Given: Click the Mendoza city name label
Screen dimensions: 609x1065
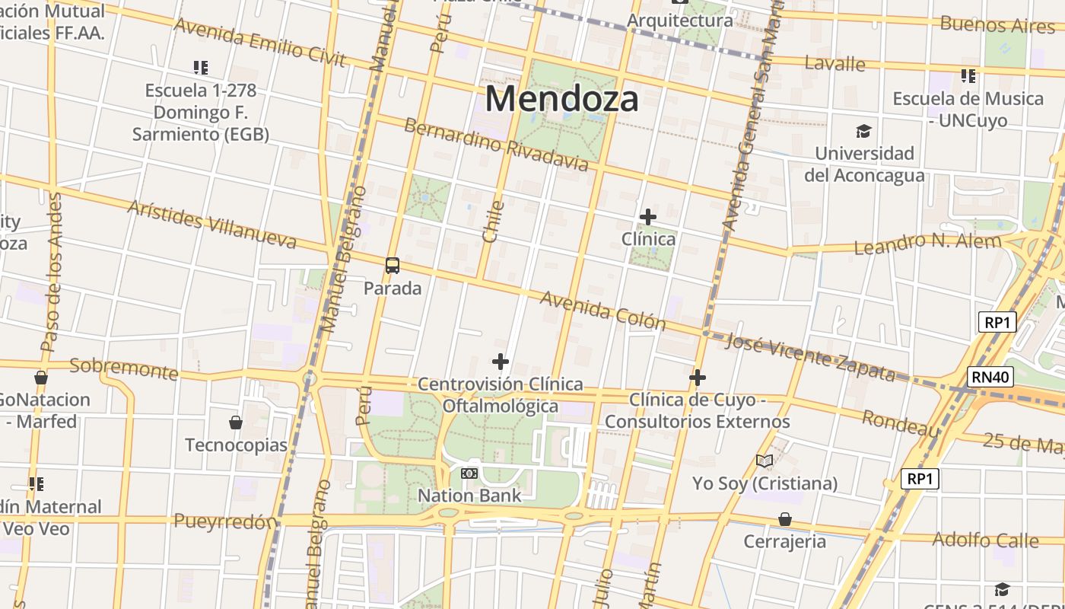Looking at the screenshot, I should (x=561, y=99).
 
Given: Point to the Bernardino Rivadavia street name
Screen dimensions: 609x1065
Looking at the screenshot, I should (x=496, y=144).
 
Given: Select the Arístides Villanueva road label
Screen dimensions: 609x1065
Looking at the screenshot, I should (x=211, y=225).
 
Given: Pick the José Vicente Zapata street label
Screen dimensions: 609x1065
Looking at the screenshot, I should (x=810, y=357).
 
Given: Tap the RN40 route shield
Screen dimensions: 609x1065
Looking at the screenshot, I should (x=990, y=376).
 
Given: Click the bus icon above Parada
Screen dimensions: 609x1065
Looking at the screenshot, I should (x=393, y=266).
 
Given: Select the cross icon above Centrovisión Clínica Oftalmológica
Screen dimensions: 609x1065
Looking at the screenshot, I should (x=501, y=361).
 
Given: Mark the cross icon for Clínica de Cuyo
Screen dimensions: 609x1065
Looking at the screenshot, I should (x=698, y=377).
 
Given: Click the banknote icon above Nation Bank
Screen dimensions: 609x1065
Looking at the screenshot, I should (x=469, y=473).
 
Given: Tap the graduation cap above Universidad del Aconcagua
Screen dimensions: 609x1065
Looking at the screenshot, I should (x=863, y=132).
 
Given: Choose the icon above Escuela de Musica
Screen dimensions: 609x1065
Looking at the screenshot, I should (x=968, y=76).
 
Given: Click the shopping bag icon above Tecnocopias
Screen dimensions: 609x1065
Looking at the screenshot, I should (x=236, y=422).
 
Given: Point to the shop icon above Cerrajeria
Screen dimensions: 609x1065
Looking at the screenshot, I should (x=785, y=519).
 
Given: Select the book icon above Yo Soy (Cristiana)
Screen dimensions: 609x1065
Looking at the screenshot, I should (x=765, y=461).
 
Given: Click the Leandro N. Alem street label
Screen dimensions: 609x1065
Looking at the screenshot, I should (x=927, y=244).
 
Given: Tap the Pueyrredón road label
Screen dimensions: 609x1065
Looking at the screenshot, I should (x=225, y=521).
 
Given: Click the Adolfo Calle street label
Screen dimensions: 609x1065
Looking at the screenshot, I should (x=985, y=540).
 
